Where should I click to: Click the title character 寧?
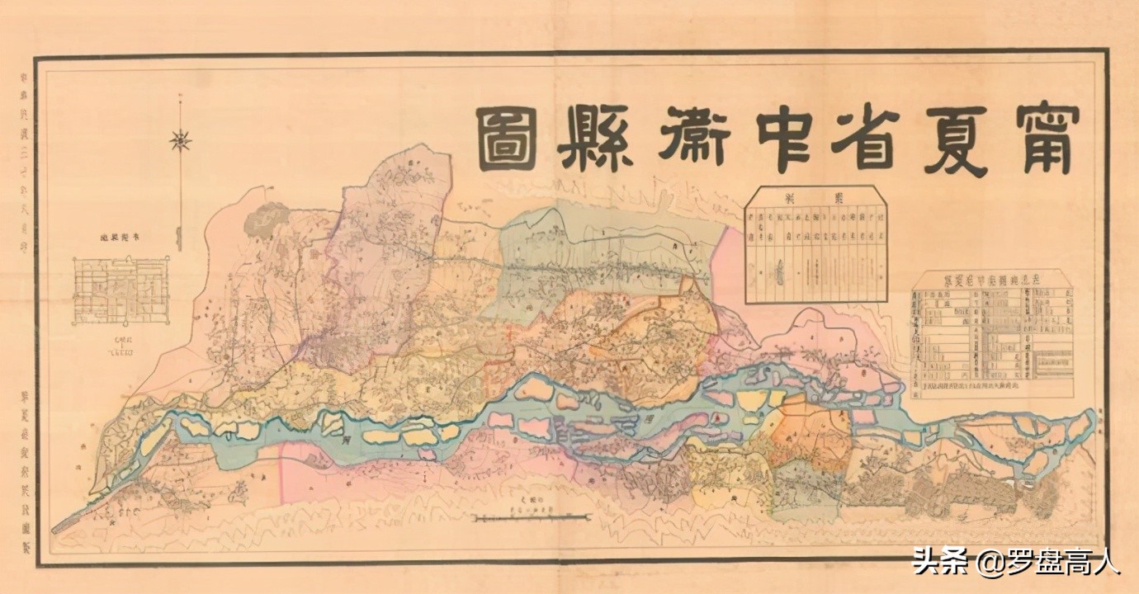pos(1047,141)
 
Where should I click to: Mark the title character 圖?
pos(506,141)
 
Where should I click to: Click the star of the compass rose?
pos(181,141)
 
